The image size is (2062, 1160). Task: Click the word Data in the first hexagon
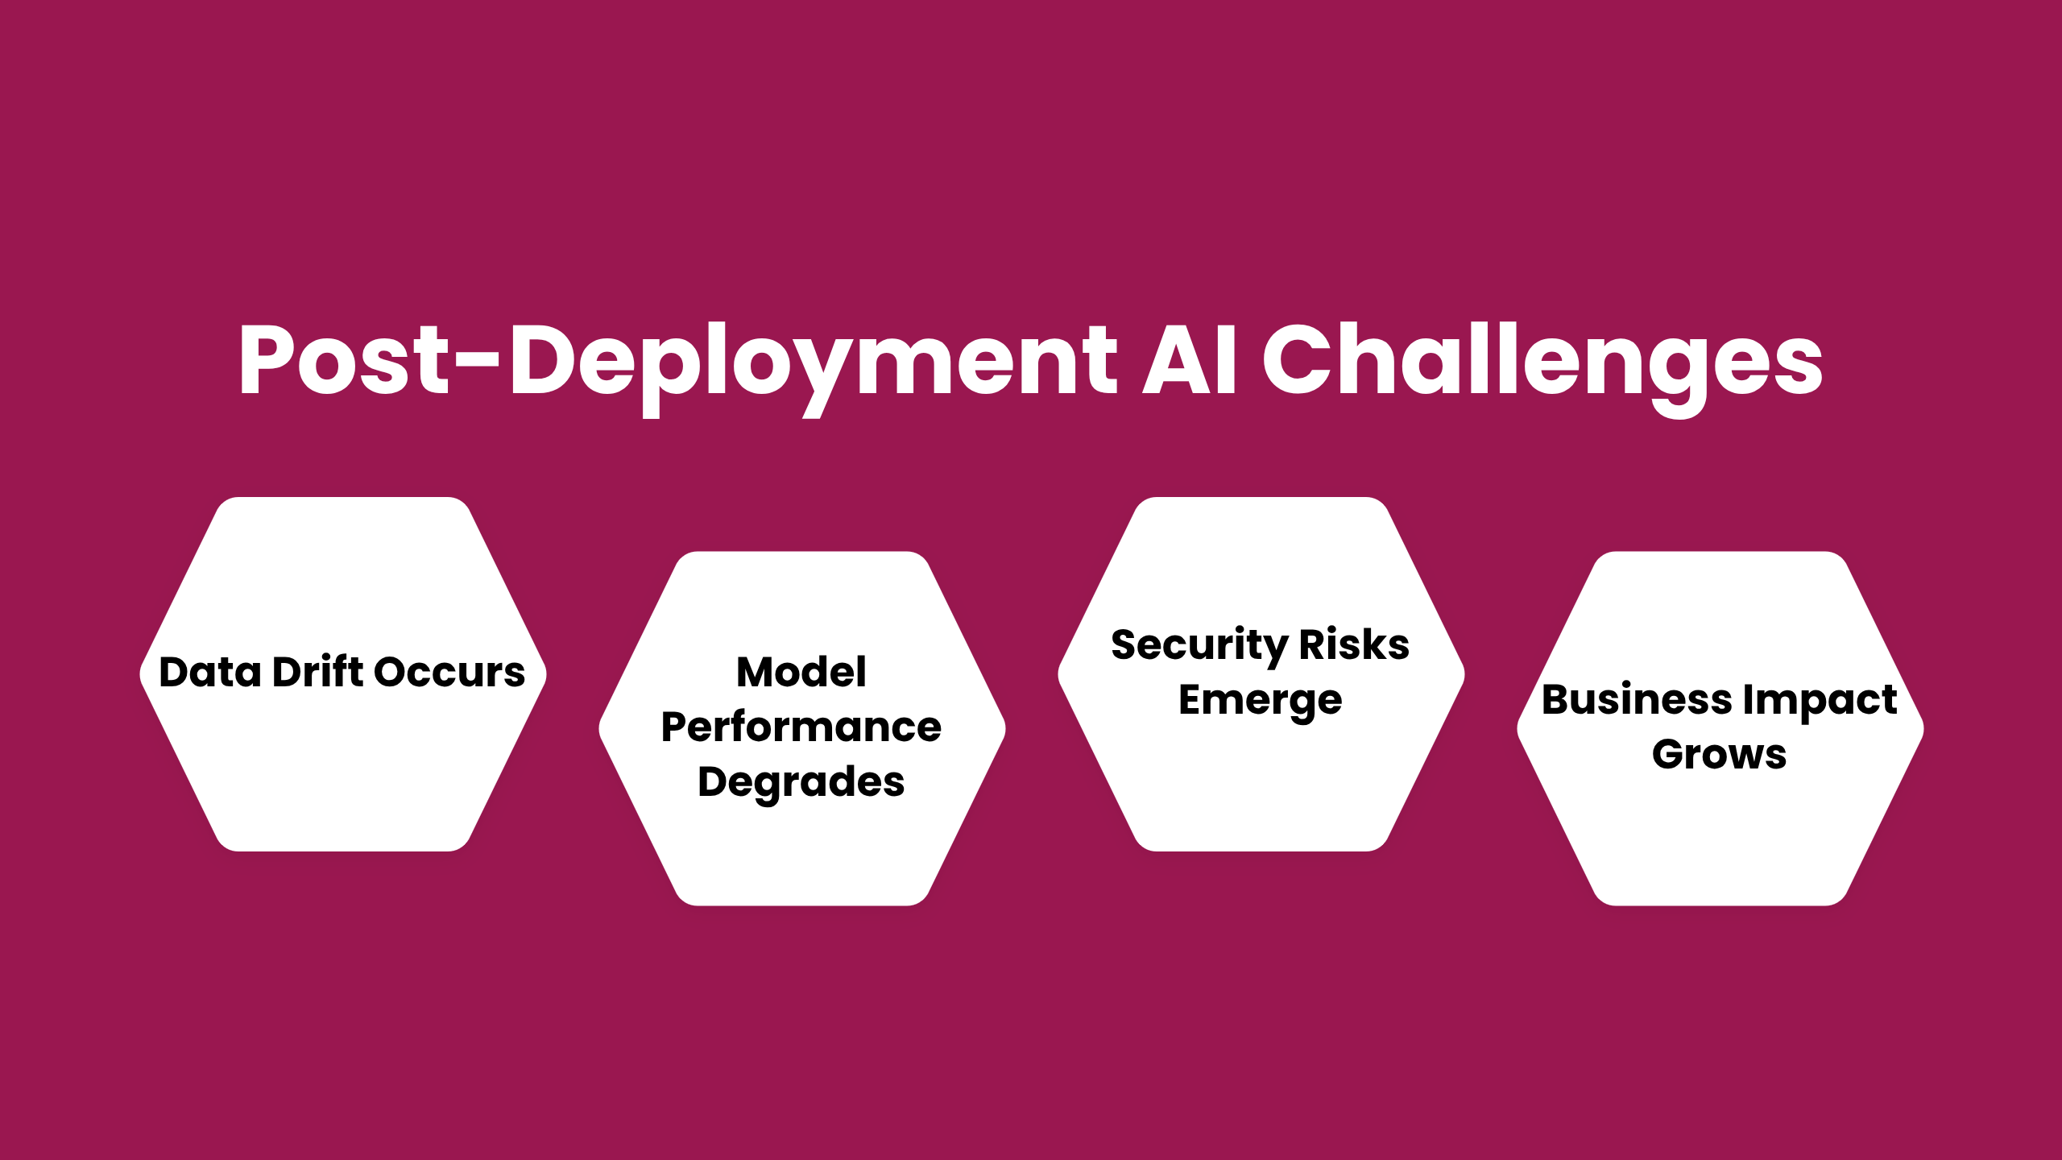pos(210,672)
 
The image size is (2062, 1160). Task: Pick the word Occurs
pos(449,673)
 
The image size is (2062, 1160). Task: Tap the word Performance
pos(801,727)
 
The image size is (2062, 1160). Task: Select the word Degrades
pos(801,782)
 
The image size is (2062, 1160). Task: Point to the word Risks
pos(1355,644)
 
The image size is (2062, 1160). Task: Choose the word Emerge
pos(1261,701)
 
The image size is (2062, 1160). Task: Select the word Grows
pos(1720,755)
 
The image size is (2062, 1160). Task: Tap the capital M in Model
pos(757,673)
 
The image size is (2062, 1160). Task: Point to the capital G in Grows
pos(1669,755)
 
